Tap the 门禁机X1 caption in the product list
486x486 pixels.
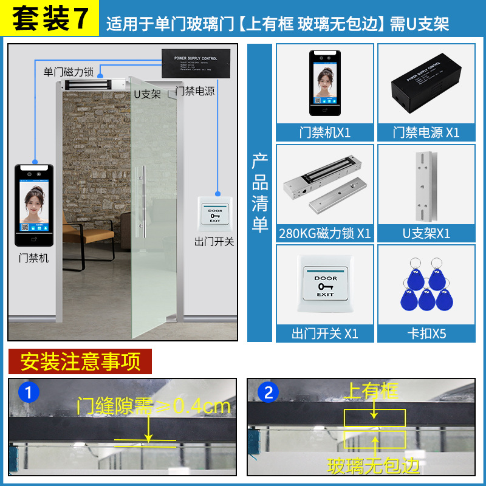coord(325,132)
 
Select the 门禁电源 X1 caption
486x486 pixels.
coord(425,132)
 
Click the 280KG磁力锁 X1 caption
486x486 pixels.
coord(325,233)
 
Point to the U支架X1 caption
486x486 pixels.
coord(426,233)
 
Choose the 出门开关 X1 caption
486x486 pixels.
coord(325,334)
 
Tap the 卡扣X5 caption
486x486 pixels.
coord(426,334)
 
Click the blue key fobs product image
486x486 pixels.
coord(426,285)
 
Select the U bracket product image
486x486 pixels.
coord(426,185)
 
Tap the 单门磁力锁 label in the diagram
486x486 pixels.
coord(68,72)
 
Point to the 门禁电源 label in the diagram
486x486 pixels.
coord(195,91)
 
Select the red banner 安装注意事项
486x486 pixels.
coord(80,361)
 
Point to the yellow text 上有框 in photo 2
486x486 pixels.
coord(371,391)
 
